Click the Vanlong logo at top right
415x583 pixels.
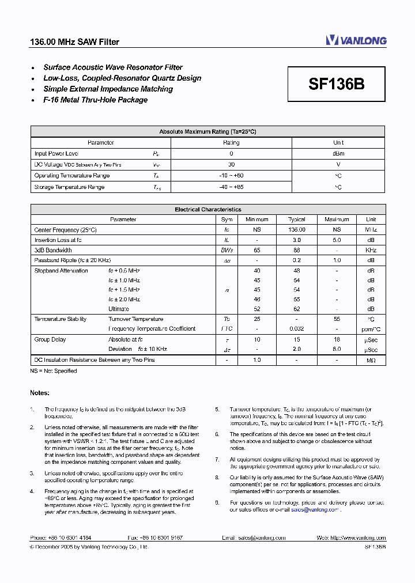click(356, 40)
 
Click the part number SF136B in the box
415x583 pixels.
click(336, 85)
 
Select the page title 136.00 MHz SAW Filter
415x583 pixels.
click(74, 42)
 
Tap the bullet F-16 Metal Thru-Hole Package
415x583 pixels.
click(95, 100)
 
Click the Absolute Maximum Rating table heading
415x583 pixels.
click(207, 132)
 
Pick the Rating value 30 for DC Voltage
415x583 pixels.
click(231, 165)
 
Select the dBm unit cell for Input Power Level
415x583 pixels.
click(338, 154)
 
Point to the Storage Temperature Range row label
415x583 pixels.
click(69, 187)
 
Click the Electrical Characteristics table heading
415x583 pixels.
click(207, 210)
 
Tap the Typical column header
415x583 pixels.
click(297, 219)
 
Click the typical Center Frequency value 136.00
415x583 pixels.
click(297, 230)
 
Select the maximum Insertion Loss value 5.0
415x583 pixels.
click(337, 240)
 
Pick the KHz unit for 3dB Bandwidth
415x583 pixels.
click(371, 251)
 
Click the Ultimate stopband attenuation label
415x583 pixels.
click(119, 309)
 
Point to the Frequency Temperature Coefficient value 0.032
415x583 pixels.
click(297, 329)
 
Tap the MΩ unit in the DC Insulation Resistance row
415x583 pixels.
click(371, 360)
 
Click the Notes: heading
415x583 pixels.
click(40, 393)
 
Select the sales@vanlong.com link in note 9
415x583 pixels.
click(315, 510)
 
